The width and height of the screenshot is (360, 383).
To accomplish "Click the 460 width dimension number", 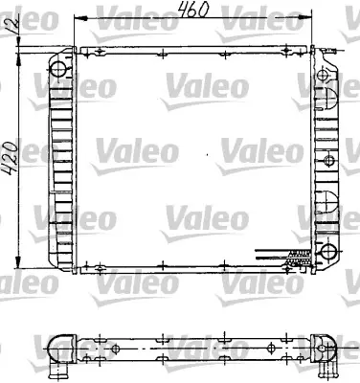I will click(195, 11).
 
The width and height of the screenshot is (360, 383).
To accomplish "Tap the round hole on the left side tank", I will click(59, 69).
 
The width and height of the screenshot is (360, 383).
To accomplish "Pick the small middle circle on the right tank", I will click(329, 155).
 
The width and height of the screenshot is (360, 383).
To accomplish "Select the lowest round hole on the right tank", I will click(329, 252).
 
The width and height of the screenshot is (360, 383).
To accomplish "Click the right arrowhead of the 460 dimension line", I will click(312, 17).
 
